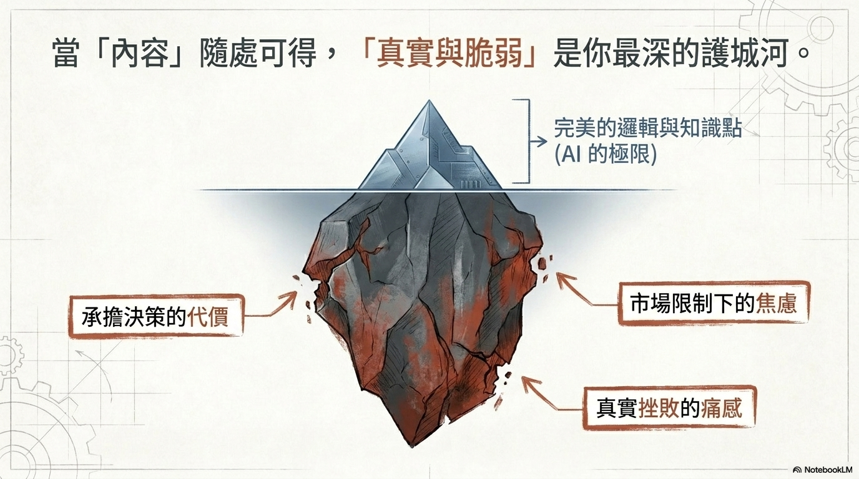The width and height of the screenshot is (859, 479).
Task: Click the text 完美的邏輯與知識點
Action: [647, 128]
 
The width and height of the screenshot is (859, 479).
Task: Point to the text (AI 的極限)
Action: [606, 154]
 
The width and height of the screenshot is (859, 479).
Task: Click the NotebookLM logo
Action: [823, 469]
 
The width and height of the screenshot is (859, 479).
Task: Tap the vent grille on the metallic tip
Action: [469, 185]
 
